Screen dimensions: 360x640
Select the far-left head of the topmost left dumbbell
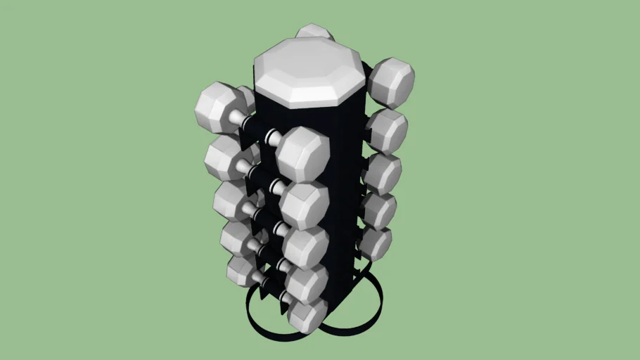(x=217, y=107)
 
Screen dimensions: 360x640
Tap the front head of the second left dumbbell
(x=305, y=205)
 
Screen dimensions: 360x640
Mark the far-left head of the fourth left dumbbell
(x=237, y=238)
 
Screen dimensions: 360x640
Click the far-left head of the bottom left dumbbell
(x=241, y=271)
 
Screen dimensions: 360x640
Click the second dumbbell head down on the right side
(x=386, y=131)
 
